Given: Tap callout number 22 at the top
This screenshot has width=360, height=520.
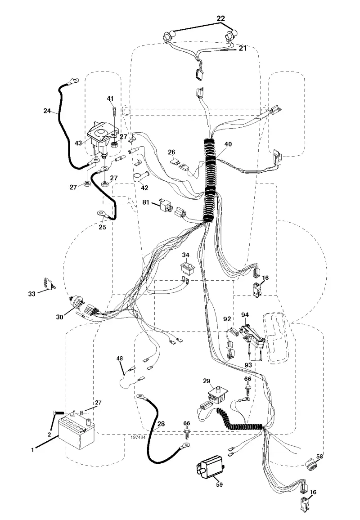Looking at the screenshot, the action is (x=220, y=18).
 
